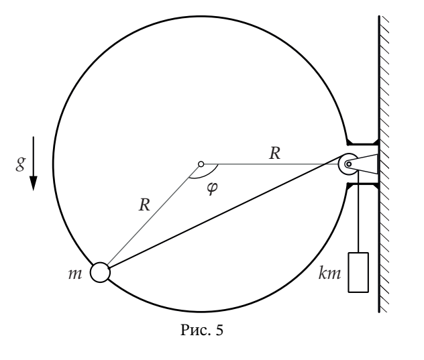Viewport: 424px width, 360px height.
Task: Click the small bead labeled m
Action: pos(100,272)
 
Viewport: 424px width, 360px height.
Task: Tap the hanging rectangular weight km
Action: pos(358,272)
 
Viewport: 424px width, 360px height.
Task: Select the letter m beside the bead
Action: pos(75,274)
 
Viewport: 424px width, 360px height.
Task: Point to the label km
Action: pos(329,273)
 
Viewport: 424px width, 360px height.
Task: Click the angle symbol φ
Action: pos(212,188)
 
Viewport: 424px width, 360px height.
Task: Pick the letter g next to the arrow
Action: pos(21,164)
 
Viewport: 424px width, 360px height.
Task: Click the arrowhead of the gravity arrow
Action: pos(34,183)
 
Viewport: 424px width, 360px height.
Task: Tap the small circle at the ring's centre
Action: pos(201,164)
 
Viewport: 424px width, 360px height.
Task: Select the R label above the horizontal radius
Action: pos(275,154)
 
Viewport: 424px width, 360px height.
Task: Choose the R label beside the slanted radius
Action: pos(144,205)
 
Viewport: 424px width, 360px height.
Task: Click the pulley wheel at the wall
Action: pos(348,164)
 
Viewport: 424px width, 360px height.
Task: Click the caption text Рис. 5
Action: pos(202,330)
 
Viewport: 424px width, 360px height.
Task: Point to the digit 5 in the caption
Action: pos(219,330)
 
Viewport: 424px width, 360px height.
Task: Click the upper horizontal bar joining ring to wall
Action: pos(363,143)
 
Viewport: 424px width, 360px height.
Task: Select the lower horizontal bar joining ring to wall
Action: pos(363,184)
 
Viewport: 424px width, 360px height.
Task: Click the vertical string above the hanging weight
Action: pos(358,212)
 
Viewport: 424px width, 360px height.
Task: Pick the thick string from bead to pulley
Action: pos(225,211)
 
